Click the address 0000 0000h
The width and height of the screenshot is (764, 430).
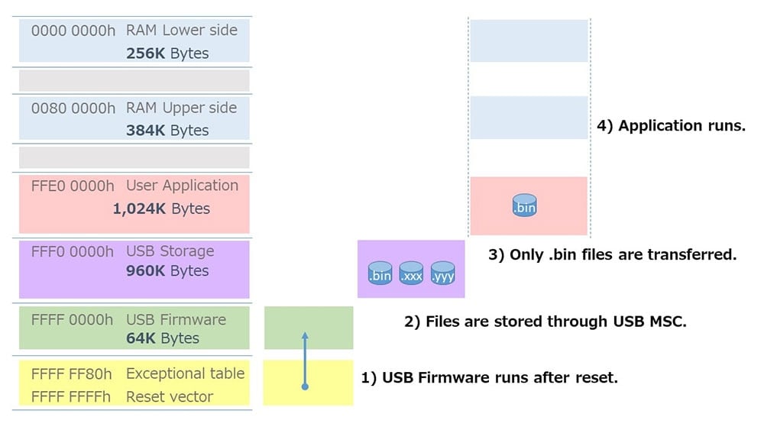(73, 31)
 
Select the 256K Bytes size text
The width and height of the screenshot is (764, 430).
(167, 53)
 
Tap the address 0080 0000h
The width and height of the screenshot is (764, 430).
(73, 108)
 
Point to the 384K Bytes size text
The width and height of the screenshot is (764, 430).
(167, 131)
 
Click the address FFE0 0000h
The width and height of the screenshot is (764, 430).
(73, 186)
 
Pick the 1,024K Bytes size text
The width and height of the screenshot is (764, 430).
(161, 209)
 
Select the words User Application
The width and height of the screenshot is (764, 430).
(183, 186)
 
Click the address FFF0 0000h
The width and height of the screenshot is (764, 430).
(73, 251)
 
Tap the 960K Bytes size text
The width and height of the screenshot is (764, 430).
(167, 271)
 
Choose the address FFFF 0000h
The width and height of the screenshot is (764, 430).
(73, 319)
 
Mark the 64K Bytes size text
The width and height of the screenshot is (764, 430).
(163, 338)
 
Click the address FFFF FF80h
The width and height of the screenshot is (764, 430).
(72, 374)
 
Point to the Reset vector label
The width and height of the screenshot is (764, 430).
(170, 396)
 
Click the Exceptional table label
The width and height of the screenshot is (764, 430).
(185, 374)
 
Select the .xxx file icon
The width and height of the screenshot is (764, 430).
(411, 273)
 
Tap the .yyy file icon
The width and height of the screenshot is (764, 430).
(442, 273)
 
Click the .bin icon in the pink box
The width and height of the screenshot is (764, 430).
(524, 205)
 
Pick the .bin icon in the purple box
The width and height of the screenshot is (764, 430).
(380, 273)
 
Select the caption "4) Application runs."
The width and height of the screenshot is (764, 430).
(671, 126)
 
